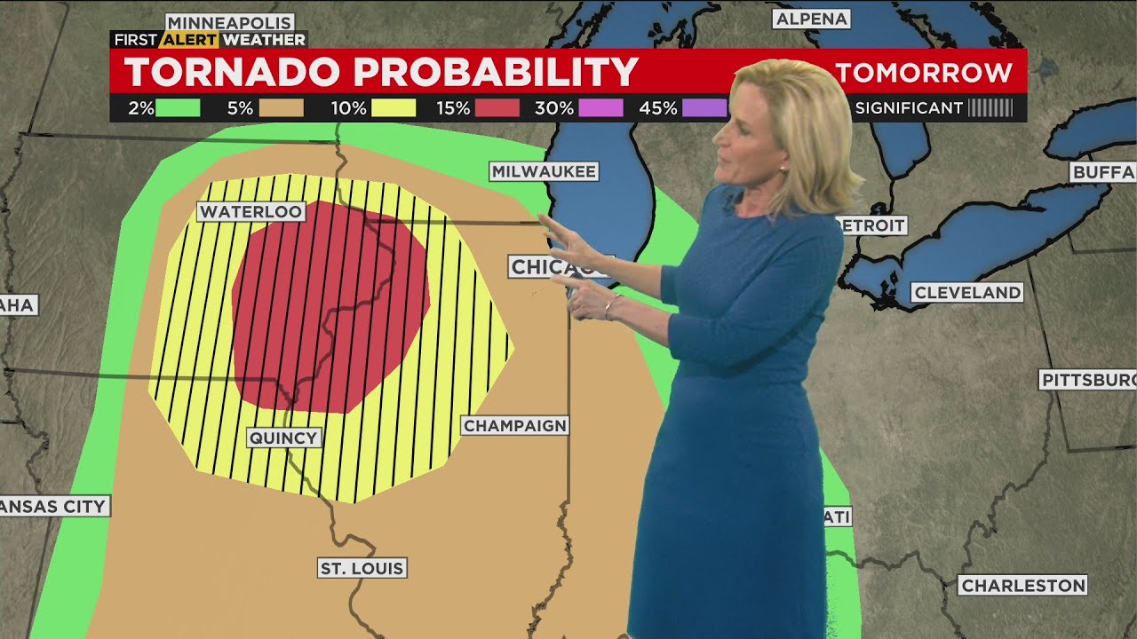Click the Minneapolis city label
tap(230, 22)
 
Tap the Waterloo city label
tap(251, 211)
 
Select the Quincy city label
tap(283, 438)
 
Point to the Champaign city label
tap(515, 426)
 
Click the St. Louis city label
tap(362, 568)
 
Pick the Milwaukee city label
tap(544, 171)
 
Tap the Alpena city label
tap(812, 19)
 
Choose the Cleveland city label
tap(967, 293)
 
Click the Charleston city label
tap(1023, 586)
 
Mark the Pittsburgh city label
tap(1088, 380)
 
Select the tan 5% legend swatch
tap(282, 108)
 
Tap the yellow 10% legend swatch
tap(394, 108)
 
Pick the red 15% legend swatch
tap(497, 108)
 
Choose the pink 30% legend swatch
tap(600, 108)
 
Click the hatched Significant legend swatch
tap(990, 108)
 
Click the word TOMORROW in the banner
tap(924, 73)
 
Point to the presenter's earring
tap(783, 167)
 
